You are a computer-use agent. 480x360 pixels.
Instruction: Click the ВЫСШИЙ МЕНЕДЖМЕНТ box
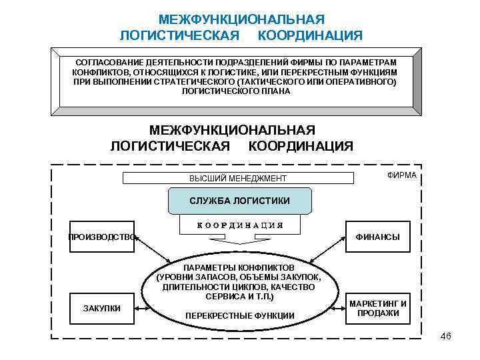(238, 178)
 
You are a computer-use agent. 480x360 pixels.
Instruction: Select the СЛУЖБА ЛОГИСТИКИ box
(239, 201)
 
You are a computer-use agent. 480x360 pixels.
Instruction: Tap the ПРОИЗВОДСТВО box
(102, 236)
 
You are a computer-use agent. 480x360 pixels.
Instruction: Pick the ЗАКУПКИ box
(101, 308)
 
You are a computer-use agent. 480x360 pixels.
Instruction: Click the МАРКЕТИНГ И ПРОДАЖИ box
(377, 308)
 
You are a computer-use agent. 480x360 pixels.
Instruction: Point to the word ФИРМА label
(401, 175)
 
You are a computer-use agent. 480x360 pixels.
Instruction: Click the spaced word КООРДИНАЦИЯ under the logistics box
(239, 225)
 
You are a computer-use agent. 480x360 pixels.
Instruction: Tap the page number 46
(446, 335)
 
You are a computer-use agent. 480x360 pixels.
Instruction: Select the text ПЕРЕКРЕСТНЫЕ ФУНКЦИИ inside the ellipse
(239, 315)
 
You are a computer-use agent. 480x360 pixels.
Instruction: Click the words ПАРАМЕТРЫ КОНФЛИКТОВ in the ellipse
(239, 267)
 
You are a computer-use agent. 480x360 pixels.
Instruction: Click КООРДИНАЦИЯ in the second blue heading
(301, 145)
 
